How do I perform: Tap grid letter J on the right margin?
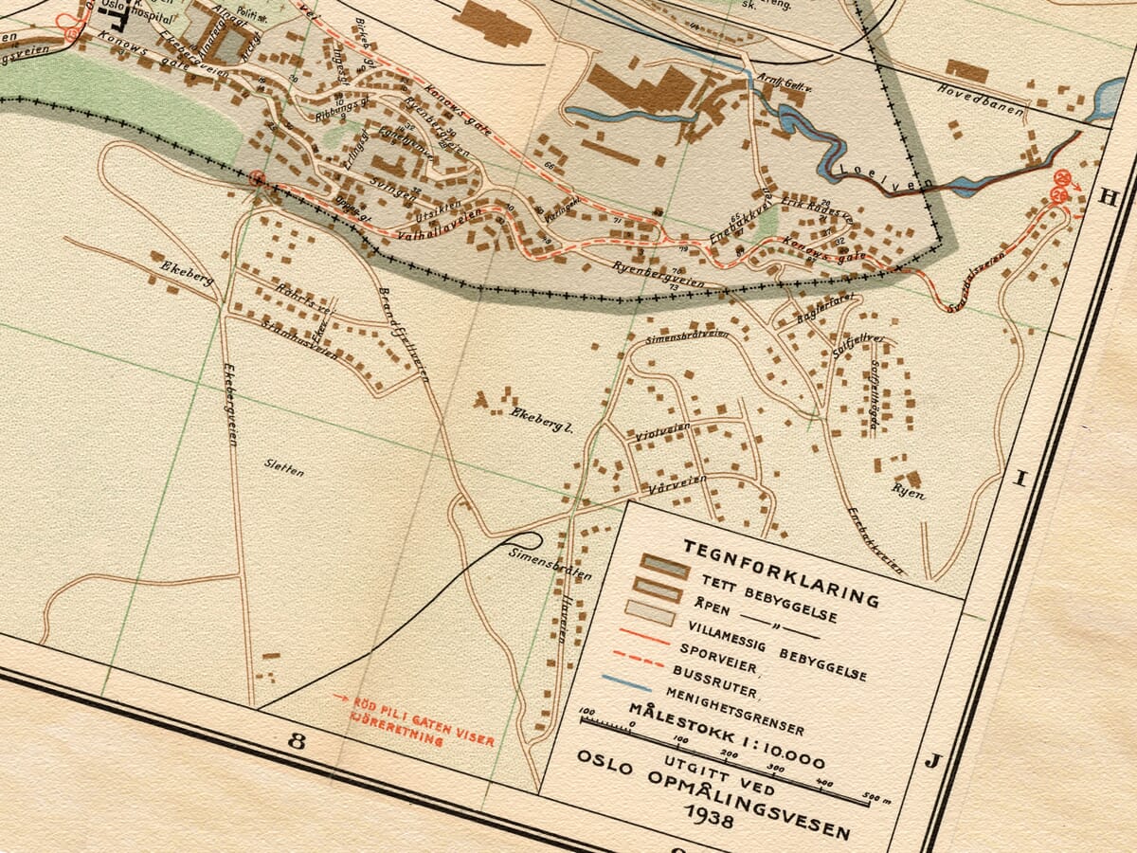click(x=931, y=761)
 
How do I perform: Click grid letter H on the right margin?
click(x=1105, y=198)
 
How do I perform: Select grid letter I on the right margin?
click(x=1020, y=479)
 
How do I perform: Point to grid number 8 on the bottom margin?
click(x=297, y=741)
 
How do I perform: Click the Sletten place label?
click(x=284, y=466)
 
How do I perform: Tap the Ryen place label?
click(x=907, y=491)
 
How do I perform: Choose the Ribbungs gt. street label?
click(x=339, y=112)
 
